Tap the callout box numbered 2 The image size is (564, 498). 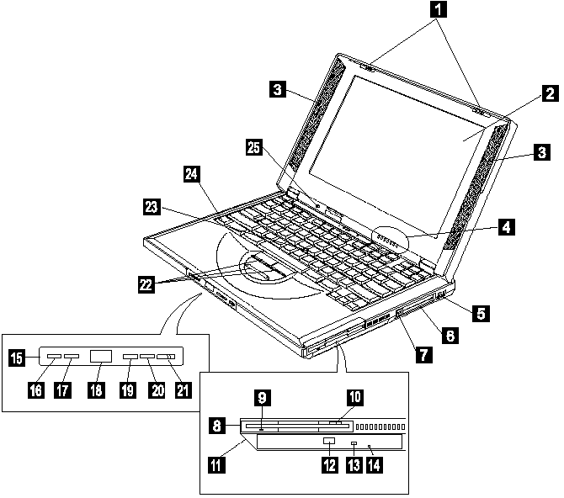pyautogui.click(x=547, y=93)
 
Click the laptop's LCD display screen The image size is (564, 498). pyautogui.click(x=396, y=135)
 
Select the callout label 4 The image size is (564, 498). pyautogui.click(x=506, y=226)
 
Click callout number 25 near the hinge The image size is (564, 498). pyautogui.click(x=254, y=147)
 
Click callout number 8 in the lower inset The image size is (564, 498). pyautogui.click(x=218, y=426)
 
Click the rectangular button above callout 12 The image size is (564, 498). pyautogui.click(x=328, y=442)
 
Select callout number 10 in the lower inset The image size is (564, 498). pyautogui.click(x=354, y=396)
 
